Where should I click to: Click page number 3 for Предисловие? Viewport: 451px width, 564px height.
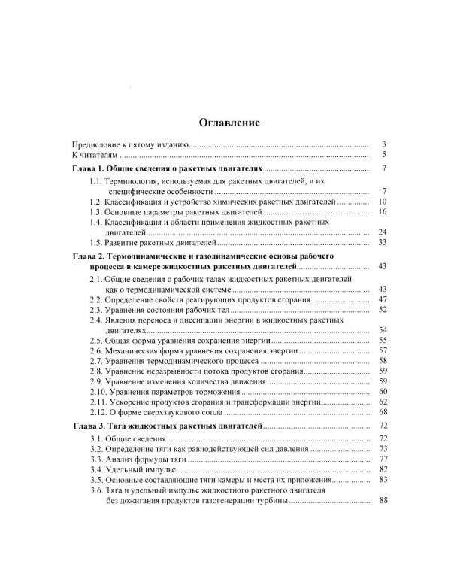coord(383,144)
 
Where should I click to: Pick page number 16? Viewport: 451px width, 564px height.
coord(382,213)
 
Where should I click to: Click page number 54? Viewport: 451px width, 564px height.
coord(382,330)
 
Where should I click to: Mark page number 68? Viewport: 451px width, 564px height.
coord(382,411)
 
